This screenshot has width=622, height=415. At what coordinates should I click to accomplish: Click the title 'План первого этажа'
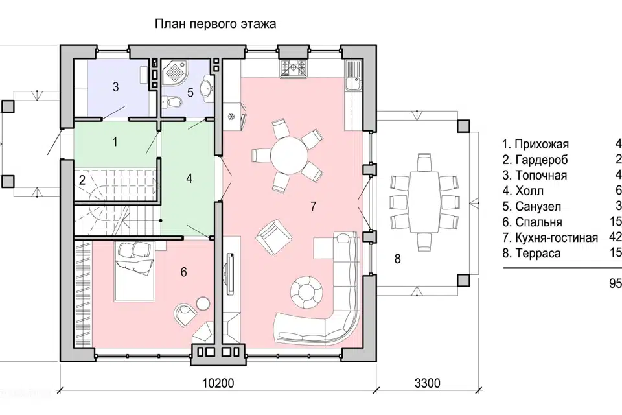215,25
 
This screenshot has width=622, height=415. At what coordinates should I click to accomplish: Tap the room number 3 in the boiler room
115,87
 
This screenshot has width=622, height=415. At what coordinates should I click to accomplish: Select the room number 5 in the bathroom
190,93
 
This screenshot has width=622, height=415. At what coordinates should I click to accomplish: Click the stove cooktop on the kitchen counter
293,67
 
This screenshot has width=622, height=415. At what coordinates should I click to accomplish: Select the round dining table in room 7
289,156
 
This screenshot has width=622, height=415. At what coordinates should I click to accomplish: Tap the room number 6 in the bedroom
184,272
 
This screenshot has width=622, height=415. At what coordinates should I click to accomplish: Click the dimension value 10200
217,383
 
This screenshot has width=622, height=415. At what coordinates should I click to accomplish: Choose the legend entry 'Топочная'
535,175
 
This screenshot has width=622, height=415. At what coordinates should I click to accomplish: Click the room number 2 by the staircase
82,181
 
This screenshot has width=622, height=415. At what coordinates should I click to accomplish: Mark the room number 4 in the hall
189,177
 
